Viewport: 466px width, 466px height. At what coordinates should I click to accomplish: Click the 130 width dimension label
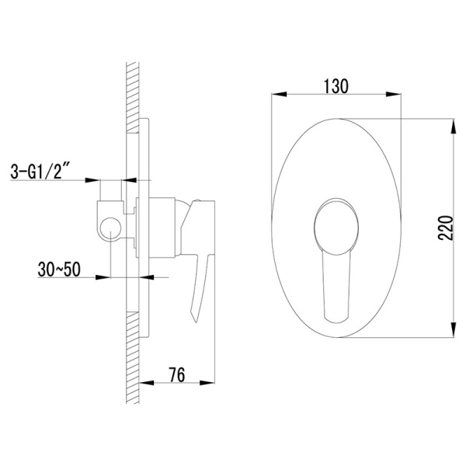coord(336,86)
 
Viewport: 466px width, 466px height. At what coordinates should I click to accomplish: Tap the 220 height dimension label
coord(446,228)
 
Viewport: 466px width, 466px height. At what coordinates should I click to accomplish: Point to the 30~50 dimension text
coord(59,270)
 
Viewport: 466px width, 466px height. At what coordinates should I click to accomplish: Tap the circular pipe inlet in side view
coord(110,228)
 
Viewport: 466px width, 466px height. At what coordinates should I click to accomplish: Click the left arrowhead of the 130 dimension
coord(280,94)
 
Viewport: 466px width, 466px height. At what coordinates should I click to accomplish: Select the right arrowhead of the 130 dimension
coord(394,94)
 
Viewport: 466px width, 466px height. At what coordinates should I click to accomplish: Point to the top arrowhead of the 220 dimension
coord(453,127)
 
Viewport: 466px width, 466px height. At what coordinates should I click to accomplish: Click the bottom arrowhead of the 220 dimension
coord(453,329)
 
